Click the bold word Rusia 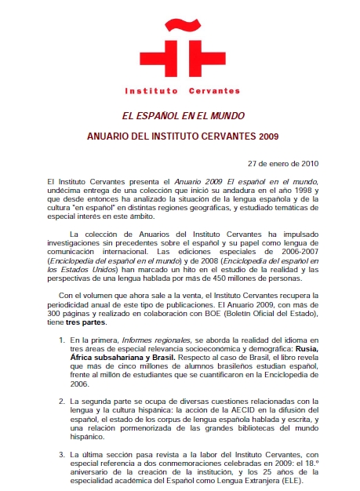[305, 349]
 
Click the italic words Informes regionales [148, 340]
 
